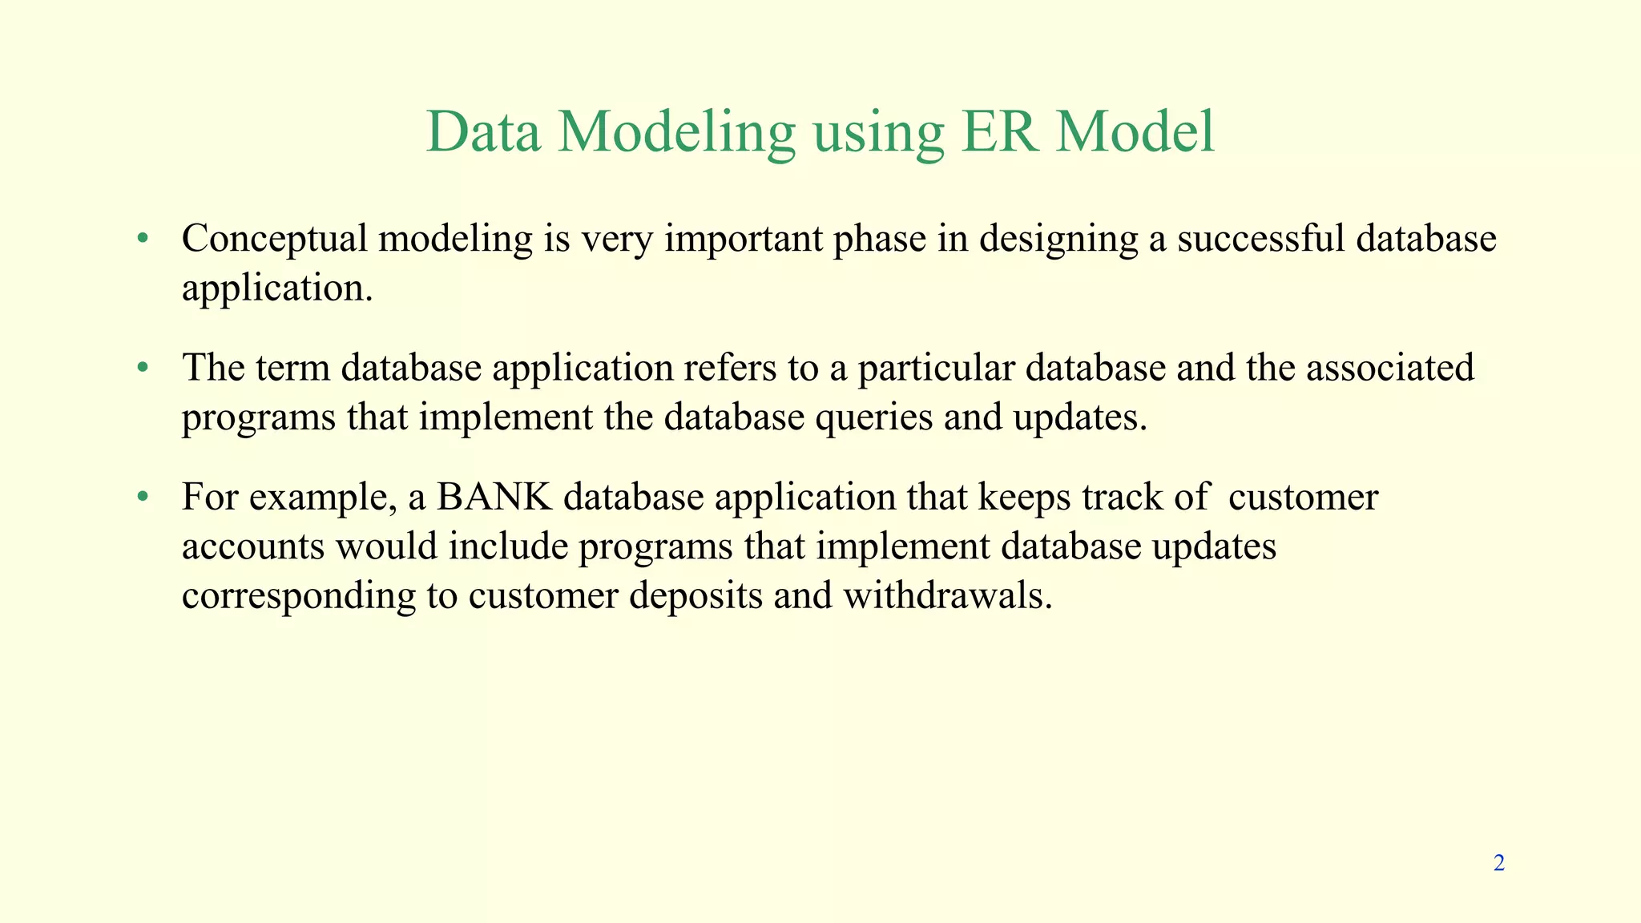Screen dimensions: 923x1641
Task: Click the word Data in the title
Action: coord(483,132)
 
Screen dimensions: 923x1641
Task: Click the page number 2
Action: coord(1498,863)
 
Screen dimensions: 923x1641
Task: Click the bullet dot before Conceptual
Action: coord(143,239)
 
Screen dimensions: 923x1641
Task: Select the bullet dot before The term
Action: coord(143,368)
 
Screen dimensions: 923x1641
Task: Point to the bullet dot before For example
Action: coord(143,498)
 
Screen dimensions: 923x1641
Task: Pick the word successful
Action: coord(1261,239)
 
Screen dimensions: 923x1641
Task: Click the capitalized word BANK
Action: coord(494,498)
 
